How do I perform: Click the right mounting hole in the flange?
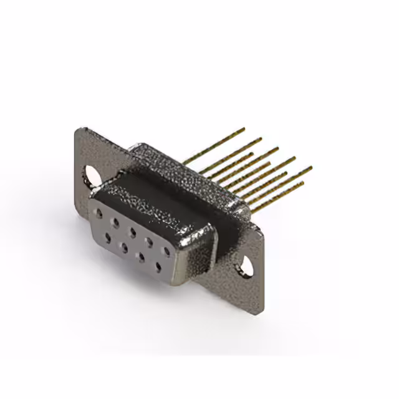[248, 266]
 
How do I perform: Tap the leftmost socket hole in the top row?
[98, 213]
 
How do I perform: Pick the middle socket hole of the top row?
[132, 230]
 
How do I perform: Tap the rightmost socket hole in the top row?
[166, 251]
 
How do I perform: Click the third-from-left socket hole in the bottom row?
[140, 256]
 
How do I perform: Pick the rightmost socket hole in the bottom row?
[158, 267]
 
